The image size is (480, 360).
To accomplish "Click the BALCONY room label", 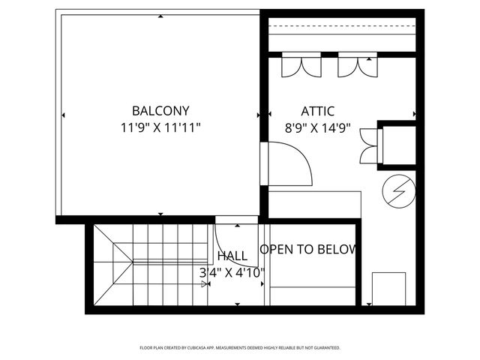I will (160, 110).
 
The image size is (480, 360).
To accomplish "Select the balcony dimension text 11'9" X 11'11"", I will (160, 127).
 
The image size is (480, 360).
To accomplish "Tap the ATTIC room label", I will (317, 111).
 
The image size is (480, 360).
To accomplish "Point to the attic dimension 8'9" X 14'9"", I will (317, 128).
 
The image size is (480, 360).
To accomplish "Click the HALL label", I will (232, 256).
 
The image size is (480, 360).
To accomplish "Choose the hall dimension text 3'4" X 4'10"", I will (232, 273).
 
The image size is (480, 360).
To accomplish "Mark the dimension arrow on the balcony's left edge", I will (63, 115).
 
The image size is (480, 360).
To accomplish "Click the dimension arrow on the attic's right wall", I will (413, 115).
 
